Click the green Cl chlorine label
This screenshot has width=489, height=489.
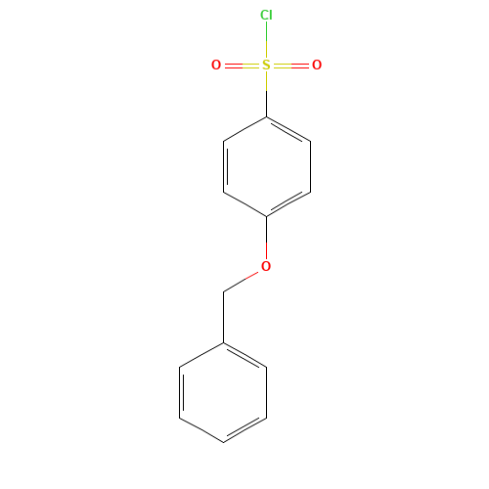[x=266, y=15]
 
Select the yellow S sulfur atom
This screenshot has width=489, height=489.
[x=266, y=65]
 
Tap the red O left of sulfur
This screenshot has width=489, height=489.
[x=216, y=65]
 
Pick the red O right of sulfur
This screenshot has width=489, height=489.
[x=317, y=65]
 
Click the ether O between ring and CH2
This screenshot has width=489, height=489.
[x=266, y=266]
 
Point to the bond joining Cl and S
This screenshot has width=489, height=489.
[x=266, y=39]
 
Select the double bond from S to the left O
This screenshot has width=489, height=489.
[x=242, y=66]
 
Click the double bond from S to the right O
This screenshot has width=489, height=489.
[x=291, y=66]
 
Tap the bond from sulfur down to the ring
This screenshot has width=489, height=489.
[x=266, y=95]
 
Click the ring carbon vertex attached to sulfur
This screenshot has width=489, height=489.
[x=266, y=116]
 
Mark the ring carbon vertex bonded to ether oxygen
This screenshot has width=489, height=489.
[x=266, y=217]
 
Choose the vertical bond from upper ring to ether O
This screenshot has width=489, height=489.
[x=266, y=238]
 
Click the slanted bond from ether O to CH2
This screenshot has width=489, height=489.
[x=243, y=282]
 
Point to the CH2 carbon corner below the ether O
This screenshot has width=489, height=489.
[x=223, y=292]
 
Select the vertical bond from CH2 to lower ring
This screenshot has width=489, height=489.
[x=223, y=317]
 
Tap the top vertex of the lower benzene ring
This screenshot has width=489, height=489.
[x=223, y=342]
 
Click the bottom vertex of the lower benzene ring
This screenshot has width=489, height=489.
[x=223, y=442]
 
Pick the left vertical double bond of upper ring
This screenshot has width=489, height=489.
[x=225, y=166]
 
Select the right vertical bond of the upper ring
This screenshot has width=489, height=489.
[x=310, y=166]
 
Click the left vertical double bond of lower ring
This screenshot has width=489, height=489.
[x=181, y=392]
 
